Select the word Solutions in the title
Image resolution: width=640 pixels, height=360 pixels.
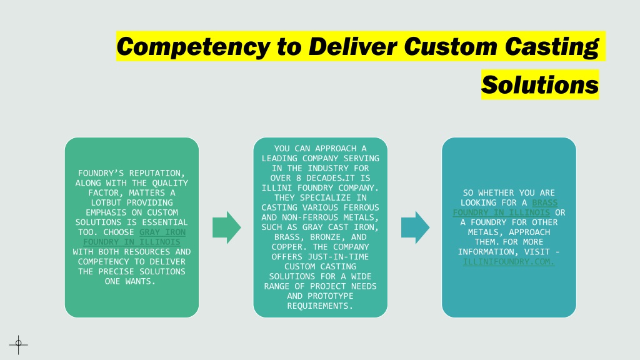(539, 84)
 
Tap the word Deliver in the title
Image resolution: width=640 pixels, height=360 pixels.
(352, 46)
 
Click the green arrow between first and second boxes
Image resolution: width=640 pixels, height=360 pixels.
(226, 227)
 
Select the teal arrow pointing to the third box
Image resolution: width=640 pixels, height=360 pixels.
(415, 227)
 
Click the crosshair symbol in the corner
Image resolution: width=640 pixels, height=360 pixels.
(18, 345)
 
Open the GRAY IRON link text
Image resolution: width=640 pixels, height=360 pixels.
(162, 232)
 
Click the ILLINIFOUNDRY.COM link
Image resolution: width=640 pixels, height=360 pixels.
(509, 262)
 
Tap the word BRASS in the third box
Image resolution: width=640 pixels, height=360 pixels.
(545, 203)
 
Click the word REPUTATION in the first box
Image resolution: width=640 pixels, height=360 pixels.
(157, 174)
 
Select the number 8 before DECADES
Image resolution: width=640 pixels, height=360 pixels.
(299, 178)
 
